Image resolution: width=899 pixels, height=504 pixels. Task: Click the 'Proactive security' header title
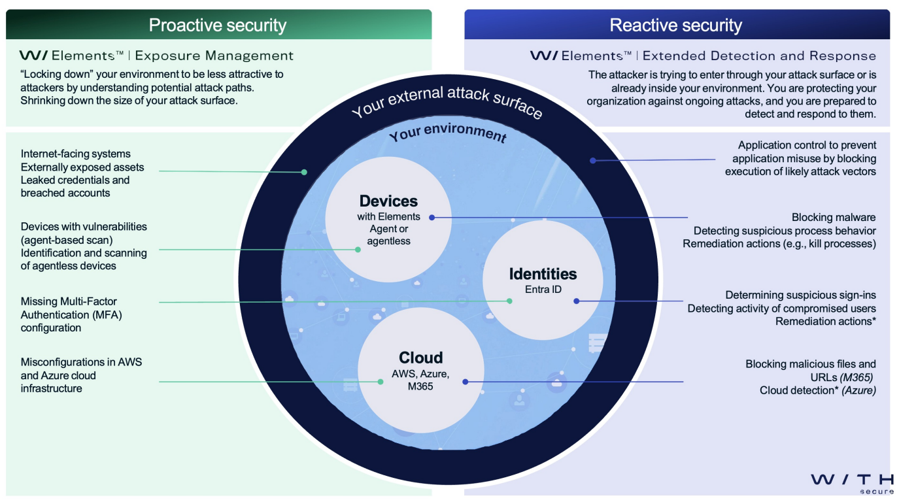pos(218,25)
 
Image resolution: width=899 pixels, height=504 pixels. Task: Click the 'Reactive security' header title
pos(675,25)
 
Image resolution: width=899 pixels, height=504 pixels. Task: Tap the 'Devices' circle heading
pos(388,201)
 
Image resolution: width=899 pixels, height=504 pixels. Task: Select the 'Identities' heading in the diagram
pos(543,274)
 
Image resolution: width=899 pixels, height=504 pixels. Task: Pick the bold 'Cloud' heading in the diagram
pos(420,358)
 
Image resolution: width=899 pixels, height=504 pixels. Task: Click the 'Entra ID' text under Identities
pos(543,289)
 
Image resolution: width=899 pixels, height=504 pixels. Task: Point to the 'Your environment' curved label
pos(448,133)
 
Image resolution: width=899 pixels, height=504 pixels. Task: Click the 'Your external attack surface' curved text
pos(447,101)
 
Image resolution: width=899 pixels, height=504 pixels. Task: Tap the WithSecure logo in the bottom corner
pos(852,482)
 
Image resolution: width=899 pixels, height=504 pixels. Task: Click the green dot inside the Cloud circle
pos(381,382)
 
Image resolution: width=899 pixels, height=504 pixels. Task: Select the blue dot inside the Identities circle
pos(576,301)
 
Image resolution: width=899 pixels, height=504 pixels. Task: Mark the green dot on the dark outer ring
pos(304,172)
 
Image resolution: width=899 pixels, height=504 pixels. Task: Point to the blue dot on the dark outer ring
pos(592,160)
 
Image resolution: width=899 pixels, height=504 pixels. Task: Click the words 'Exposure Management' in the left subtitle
pos(214,56)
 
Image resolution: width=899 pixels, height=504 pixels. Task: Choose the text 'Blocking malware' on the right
pos(834,218)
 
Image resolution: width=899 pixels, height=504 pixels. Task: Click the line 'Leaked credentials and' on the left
pos(75,180)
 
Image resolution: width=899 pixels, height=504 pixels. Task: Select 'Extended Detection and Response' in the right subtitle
pos(759,56)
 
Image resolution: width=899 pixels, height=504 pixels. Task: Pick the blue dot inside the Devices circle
pos(432,217)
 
